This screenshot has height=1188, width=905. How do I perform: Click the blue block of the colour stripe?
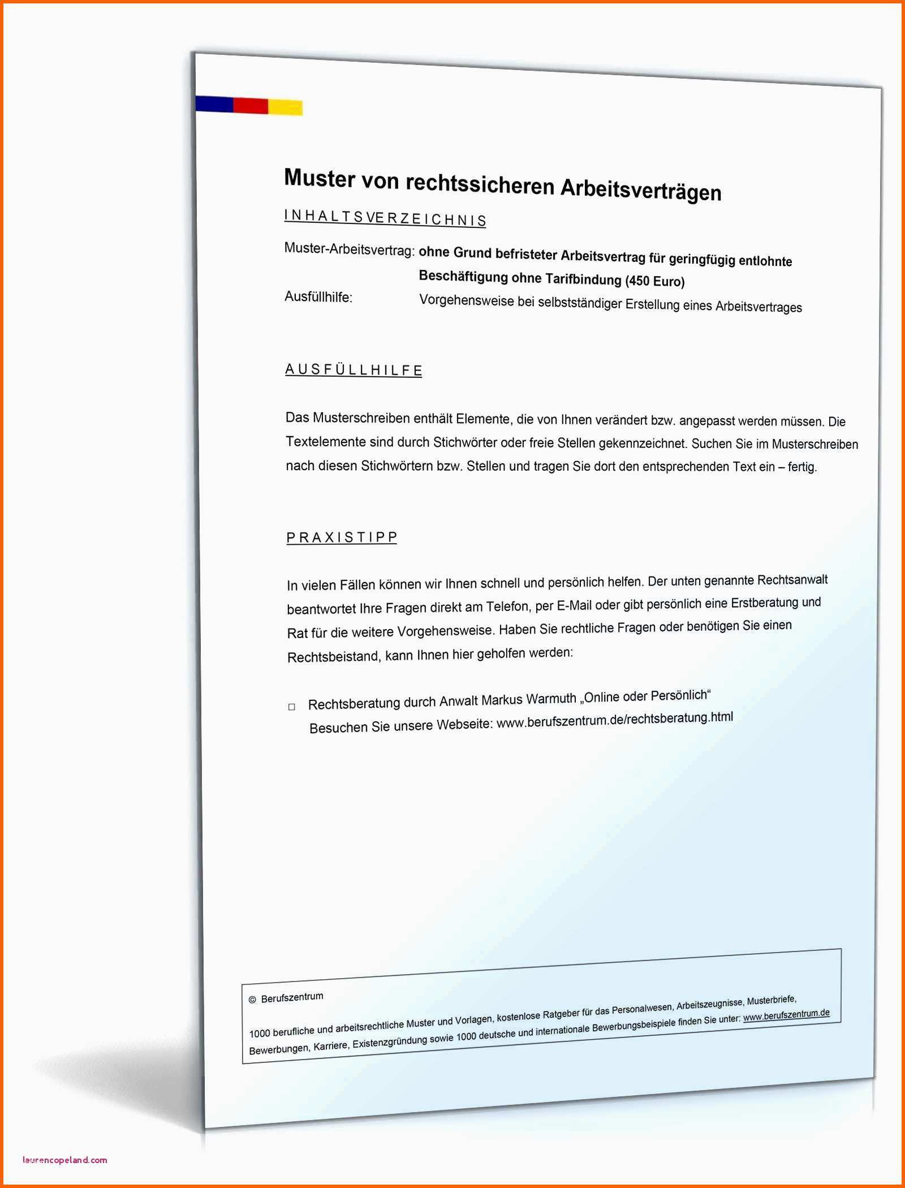point(214,104)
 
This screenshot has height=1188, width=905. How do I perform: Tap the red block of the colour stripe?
point(251,106)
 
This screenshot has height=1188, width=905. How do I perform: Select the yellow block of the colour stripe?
point(285,107)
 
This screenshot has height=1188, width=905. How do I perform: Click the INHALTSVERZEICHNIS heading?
point(385,218)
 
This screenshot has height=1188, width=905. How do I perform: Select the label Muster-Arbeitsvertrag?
point(349,249)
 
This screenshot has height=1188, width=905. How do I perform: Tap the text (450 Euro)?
point(655,281)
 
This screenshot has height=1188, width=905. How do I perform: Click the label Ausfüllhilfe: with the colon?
point(318,297)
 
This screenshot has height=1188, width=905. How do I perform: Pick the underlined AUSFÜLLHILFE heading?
point(354,370)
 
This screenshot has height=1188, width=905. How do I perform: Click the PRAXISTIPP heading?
point(342,537)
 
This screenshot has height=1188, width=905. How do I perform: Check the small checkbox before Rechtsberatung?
point(292,707)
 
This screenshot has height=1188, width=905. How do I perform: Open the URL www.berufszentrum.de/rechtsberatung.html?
point(614,719)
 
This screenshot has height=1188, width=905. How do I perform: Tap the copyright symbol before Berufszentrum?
point(252,1000)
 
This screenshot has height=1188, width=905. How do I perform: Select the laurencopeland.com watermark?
point(64,1160)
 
